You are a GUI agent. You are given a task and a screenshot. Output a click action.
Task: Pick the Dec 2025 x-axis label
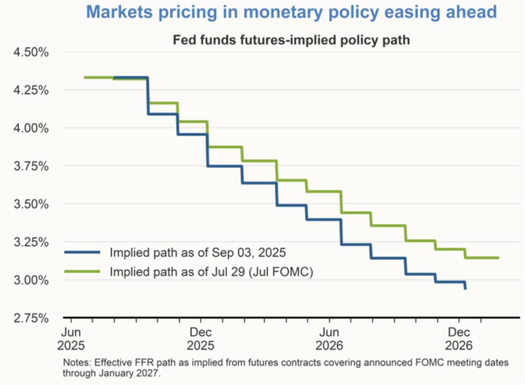pos(200,337)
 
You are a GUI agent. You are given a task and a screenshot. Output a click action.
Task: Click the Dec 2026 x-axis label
pos(459,337)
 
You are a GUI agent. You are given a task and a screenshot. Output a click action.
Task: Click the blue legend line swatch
pos(82,252)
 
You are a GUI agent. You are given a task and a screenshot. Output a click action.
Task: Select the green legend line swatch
pos(82,272)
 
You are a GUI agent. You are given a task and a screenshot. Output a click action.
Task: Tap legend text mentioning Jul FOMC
pos(211,272)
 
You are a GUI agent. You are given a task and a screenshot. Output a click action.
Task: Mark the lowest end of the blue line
pos(465,289)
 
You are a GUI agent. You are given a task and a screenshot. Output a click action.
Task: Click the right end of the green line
pos(498,258)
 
